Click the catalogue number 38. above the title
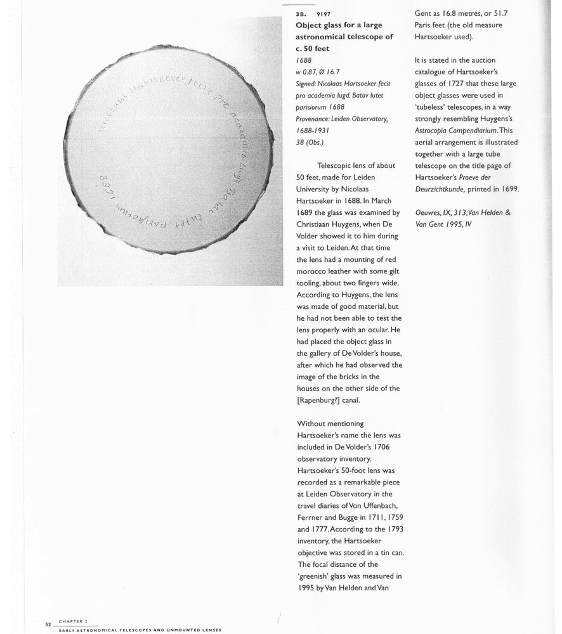(301, 13)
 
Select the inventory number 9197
(323, 13)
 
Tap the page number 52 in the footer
(48, 624)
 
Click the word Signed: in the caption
(310, 83)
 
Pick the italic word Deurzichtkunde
(446, 189)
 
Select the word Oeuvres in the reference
(431, 212)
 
